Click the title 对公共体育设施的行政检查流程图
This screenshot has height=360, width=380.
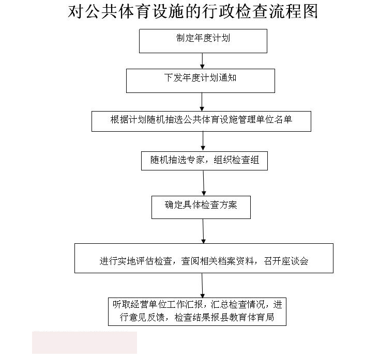(x=193, y=11)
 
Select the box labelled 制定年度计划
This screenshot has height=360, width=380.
(x=203, y=41)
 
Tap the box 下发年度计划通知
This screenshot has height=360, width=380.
(x=201, y=81)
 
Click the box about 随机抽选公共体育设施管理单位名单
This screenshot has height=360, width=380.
(x=201, y=121)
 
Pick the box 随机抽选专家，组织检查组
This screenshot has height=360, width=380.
(x=204, y=161)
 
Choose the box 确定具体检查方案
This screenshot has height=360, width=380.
(x=201, y=208)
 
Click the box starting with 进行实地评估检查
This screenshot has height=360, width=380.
(x=204, y=258)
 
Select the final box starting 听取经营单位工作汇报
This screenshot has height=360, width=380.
(x=197, y=312)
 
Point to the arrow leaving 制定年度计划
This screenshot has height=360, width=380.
(x=202, y=61)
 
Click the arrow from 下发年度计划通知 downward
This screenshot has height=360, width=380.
(x=202, y=102)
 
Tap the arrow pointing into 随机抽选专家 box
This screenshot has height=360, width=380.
(x=203, y=142)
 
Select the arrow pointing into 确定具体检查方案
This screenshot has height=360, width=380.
(x=204, y=183)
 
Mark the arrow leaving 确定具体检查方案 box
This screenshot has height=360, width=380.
(x=203, y=231)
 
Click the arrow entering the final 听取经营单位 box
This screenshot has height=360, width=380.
(x=202, y=286)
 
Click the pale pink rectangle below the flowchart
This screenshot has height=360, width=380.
(x=84, y=342)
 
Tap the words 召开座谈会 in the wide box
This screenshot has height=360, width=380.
(x=286, y=261)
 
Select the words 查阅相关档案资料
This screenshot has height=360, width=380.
(x=218, y=261)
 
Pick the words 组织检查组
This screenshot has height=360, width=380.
(x=236, y=160)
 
